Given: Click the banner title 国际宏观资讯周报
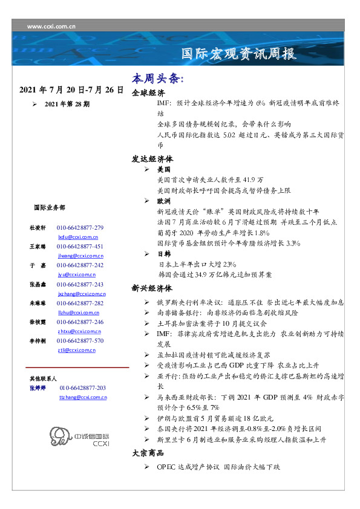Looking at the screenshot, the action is (x=239, y=54).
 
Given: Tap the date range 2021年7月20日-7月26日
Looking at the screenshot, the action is (x=71, y=90).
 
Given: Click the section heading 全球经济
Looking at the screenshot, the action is (x=148, y=94).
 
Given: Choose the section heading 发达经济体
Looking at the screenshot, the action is (x=152, y=159).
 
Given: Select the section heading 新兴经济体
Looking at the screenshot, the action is (x=152, y=288).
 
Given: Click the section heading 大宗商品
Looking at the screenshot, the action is (x=148, y=453).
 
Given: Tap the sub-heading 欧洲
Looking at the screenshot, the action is (x=163, y=200).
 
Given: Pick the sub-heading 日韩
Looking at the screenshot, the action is (x=163, y=254).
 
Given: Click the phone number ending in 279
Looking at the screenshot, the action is (x=80, y=228).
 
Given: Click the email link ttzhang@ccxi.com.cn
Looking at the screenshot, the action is (x=83, y=398).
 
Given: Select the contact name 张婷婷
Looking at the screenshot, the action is (x=38, y=387).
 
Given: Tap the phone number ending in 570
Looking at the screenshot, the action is (x=80, y=341).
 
